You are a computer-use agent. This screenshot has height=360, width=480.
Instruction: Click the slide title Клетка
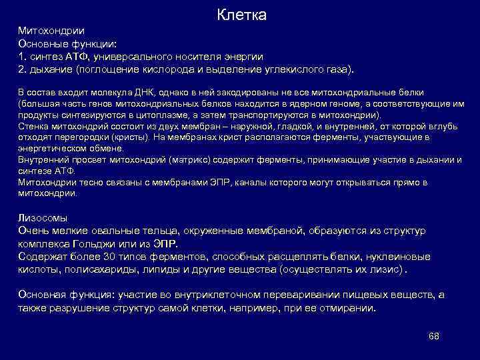(242, 15)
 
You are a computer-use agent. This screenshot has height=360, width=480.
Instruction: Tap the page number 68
(433, 335)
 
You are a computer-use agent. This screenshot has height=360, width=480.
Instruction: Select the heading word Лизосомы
(41, 217)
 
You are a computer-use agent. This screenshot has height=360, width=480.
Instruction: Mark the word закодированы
(253, 93)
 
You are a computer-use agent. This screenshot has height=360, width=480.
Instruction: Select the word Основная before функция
(41, 294)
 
